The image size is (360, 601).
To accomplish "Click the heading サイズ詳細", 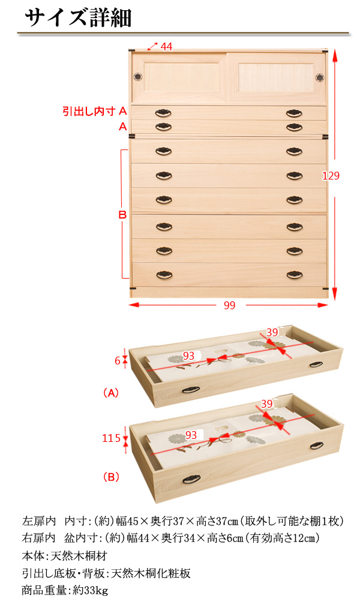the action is (78, 17).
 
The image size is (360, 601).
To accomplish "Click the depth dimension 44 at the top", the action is (166, 46).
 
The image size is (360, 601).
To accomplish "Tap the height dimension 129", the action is (331, 175).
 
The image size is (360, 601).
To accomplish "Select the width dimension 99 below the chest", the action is (229, 305).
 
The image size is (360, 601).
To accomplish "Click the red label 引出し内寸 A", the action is (95, 111).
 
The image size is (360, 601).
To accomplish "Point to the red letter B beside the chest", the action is (122, 215).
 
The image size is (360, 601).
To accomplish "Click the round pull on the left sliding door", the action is (138, 77).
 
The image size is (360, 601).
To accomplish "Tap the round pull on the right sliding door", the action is (319, 77).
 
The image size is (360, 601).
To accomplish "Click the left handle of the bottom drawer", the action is (164, 275).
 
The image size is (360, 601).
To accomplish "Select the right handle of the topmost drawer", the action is (294, 113).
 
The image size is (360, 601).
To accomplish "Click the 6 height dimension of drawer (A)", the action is (118, 361).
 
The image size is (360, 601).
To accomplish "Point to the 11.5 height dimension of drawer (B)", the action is (111, 438).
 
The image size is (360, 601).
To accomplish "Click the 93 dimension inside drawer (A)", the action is (188, 355).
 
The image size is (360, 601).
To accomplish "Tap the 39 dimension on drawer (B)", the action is (267, 404).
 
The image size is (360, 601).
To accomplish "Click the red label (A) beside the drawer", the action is (111, 393).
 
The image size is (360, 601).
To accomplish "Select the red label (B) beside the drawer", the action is (111, 477).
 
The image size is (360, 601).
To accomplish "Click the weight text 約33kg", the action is (91, 590).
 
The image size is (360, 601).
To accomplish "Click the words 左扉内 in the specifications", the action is (38, 521).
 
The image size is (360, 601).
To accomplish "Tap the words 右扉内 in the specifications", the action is (38, 538).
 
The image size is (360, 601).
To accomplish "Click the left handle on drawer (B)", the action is (191, 479).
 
